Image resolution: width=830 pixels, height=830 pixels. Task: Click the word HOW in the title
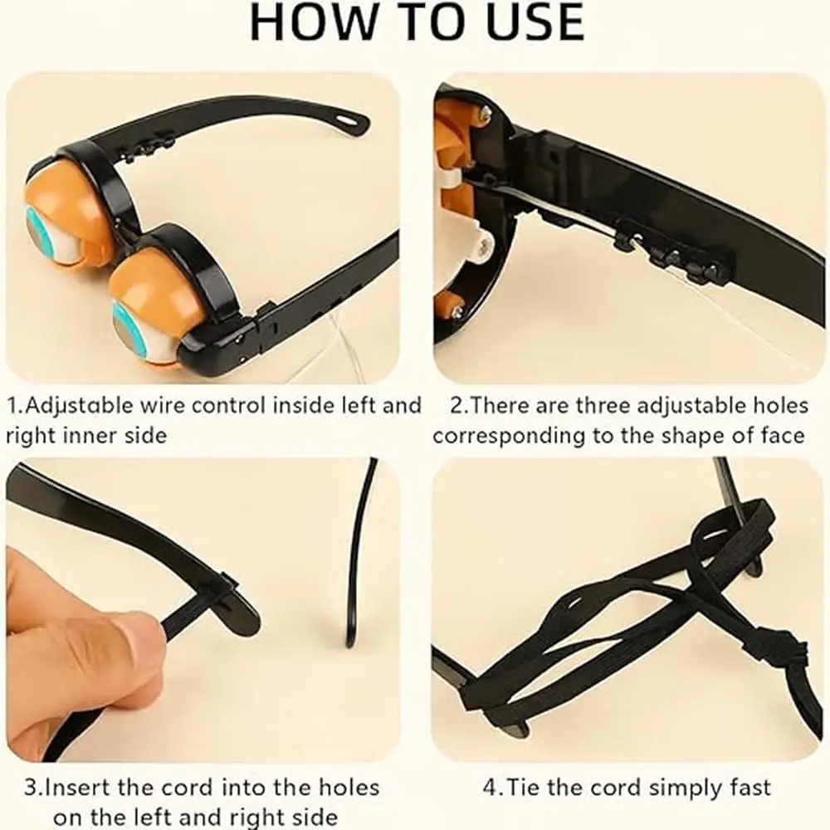[313, 22]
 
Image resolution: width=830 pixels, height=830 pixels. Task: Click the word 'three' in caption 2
[603, 406]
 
